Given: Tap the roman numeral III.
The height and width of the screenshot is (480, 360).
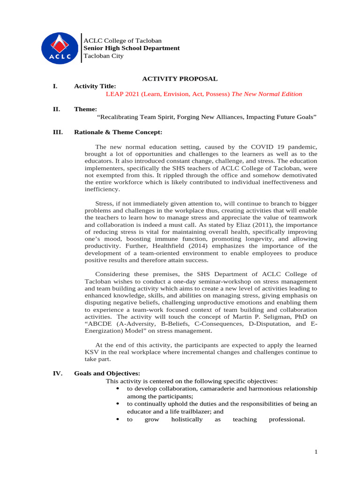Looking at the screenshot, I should tap(58, 132).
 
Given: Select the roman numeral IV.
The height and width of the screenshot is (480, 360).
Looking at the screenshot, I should tap(58, 374).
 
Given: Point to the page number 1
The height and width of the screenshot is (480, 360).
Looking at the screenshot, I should tap(316, 452).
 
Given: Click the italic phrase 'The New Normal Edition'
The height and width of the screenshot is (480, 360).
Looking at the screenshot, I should tap(267, 94).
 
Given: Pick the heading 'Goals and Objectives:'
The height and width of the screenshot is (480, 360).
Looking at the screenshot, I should tap(107, 374).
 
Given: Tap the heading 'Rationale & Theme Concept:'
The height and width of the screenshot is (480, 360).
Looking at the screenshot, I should tap(118, 132).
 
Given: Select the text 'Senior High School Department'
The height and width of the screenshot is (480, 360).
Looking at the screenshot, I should tap(131, 48).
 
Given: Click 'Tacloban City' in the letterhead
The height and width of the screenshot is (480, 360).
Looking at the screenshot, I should tap(103, 56).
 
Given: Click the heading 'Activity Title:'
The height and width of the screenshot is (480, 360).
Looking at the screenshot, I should tap(95, 86).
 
